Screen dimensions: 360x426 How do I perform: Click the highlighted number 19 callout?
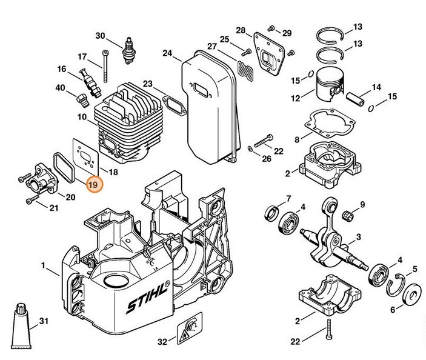pos(94,184)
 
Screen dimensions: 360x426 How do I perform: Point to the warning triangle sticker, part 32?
pos(185,332)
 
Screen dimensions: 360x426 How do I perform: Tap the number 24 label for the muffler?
pos(167,53)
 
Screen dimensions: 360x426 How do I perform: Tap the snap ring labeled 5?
pos(396,279)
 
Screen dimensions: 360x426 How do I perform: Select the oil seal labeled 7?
pos(270,212)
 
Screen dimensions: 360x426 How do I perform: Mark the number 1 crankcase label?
pos(43,265)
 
